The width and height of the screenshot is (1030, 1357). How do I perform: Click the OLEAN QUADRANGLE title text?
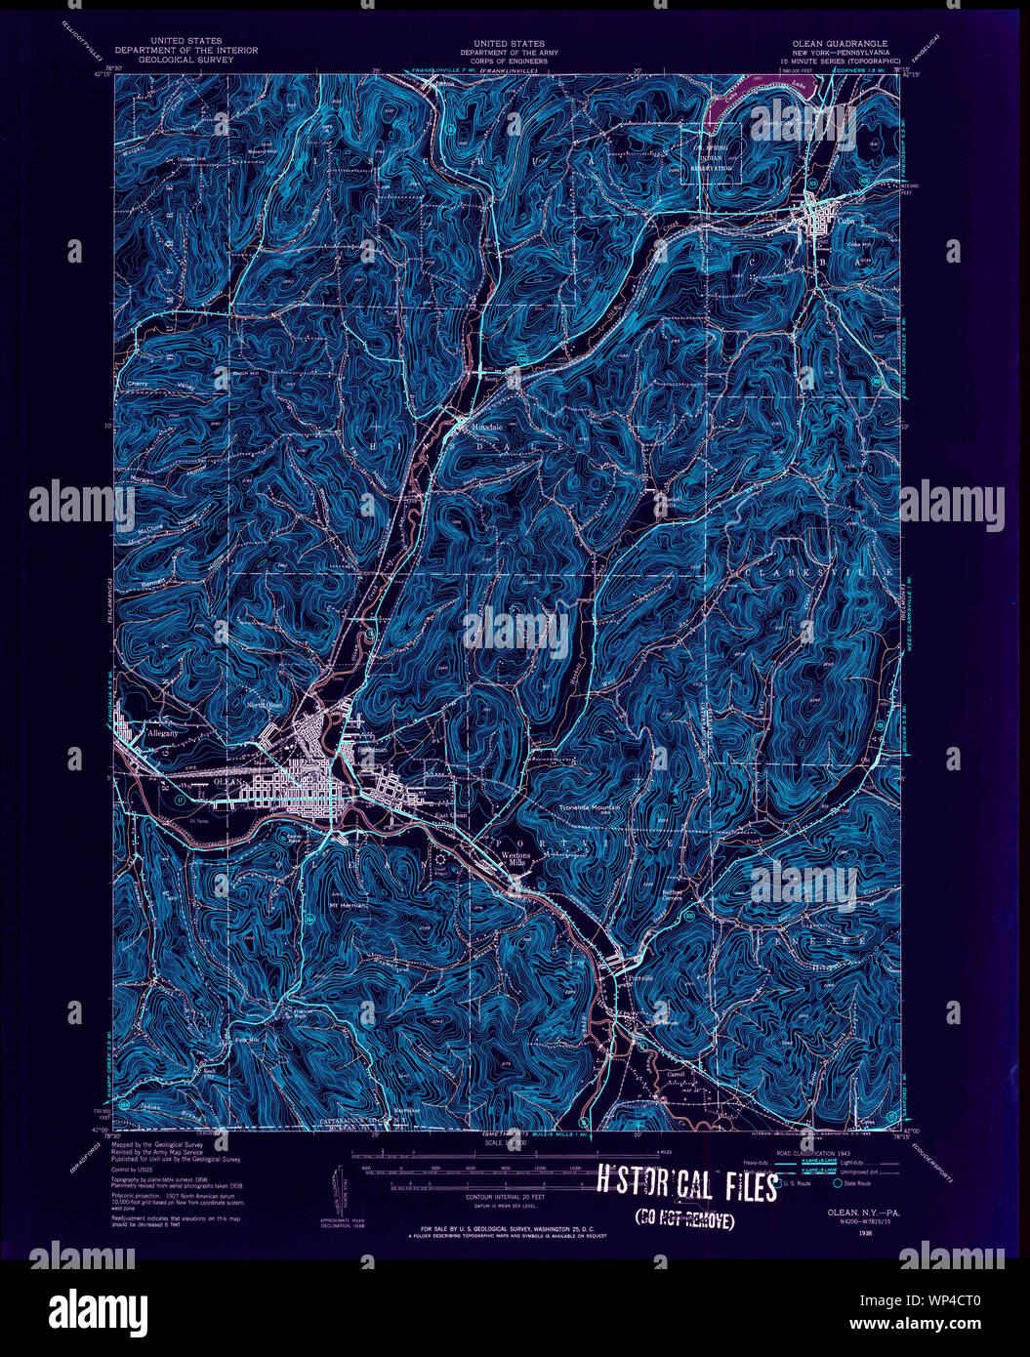(x=843, y=44)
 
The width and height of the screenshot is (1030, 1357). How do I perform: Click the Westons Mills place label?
(x=515, y=859)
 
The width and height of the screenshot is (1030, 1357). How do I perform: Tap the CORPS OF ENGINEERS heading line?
(x=509, y=61)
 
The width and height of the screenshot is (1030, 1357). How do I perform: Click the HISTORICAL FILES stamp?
(x=687, y=1185)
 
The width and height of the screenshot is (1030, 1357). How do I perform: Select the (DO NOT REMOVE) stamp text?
(x=684, y=1218)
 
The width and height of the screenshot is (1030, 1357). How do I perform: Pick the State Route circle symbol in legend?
(x=837, y=1184)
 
